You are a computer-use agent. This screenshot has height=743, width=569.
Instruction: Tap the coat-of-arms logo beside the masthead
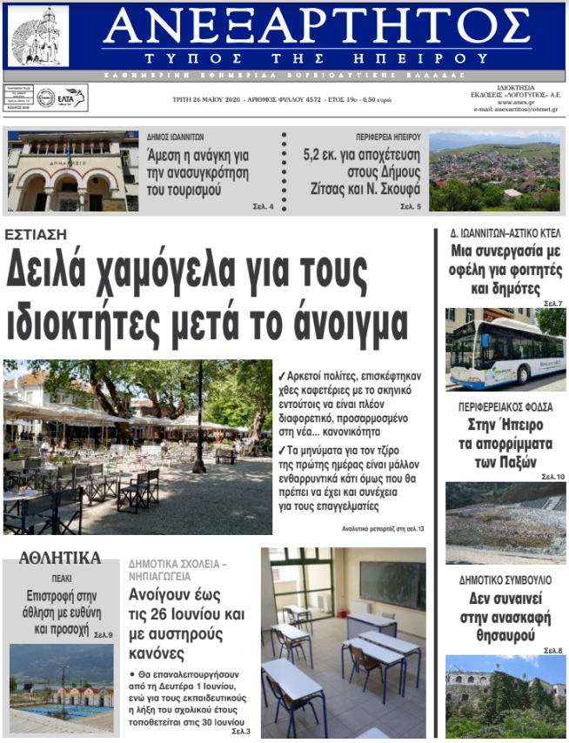(x=38, y=36)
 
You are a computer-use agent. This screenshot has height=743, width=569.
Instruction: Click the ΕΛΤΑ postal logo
(x=63, y=97)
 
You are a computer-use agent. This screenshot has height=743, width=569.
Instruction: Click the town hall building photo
(x=72, y=171)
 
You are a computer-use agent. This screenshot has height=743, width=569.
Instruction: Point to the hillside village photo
(x=494, y=171)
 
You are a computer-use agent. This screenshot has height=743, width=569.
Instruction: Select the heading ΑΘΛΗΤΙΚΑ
(x=60, y=558)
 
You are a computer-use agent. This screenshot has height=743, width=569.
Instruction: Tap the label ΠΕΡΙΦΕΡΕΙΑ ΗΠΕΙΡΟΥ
(x=388, y=137)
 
